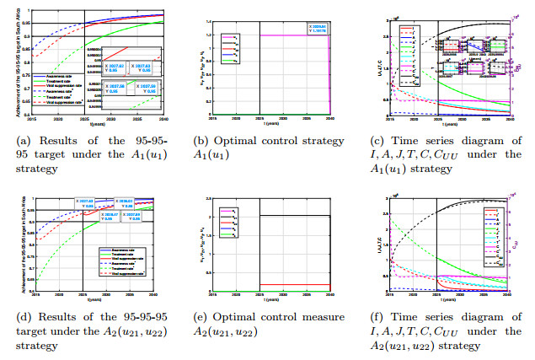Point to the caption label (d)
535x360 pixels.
(19, 317)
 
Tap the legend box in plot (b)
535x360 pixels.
(229, 48)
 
